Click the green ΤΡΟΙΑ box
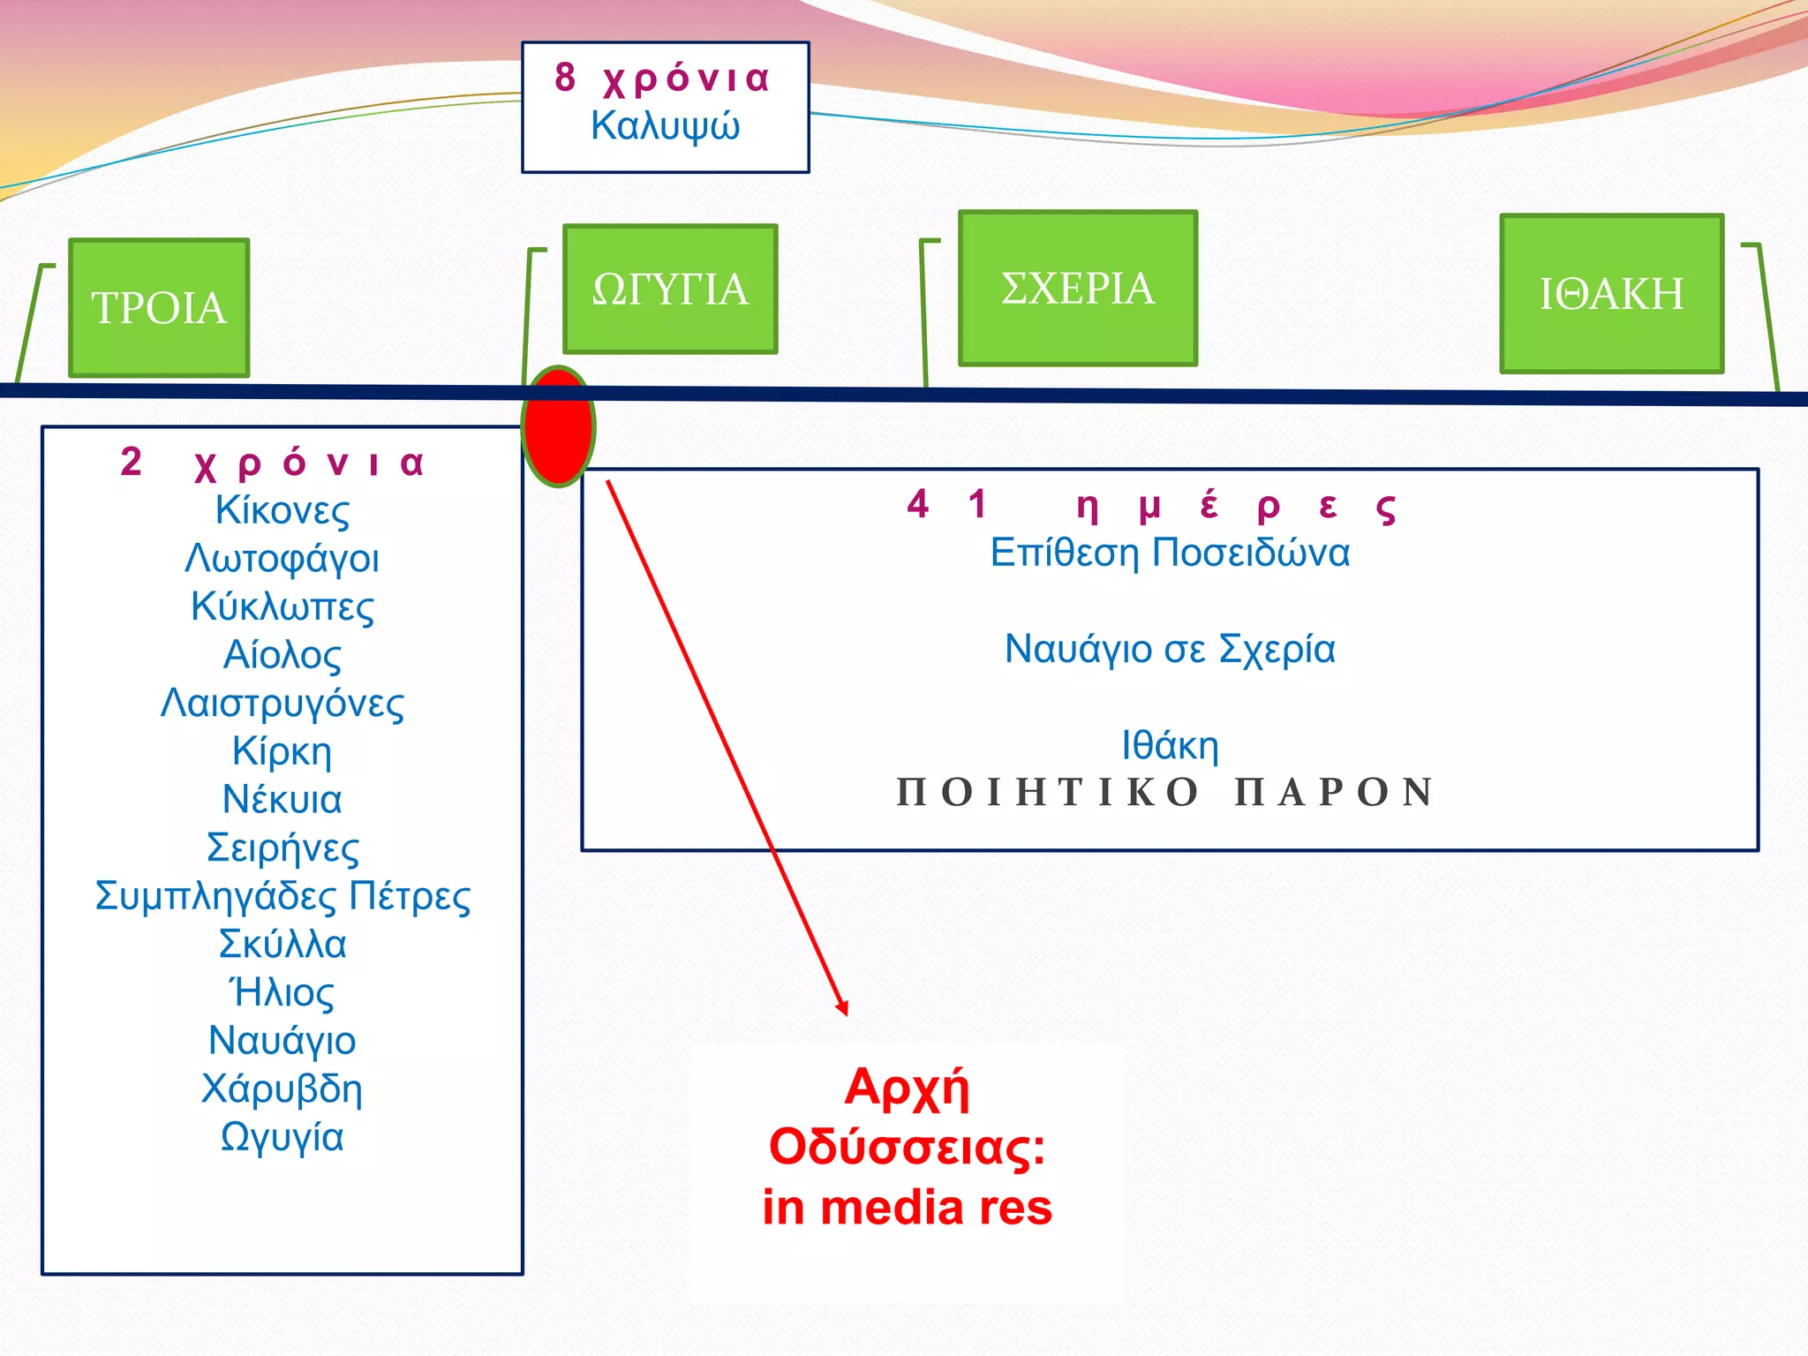(159, 307)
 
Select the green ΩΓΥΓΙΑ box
(670, 289)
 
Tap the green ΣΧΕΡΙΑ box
(1078, 288)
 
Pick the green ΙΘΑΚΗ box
(1612, 293)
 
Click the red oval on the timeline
(558, 426)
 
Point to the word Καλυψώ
(666, 126)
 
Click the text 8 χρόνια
(662, 78)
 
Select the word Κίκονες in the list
(282, 510)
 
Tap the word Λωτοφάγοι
(282, 559)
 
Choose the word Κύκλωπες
(282, 606)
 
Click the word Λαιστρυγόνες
(282, 704)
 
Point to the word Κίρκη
(282, 751)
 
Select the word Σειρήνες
(282, 847)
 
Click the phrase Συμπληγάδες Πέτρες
(282, 896)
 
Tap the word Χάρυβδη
(282, 1089)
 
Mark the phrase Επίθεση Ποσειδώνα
(1170, 553)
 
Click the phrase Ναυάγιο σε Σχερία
(1170, 649)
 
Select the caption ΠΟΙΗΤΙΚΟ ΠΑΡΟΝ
(1165, 792)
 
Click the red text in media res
(908, 1208)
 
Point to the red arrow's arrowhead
(842, 1008)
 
